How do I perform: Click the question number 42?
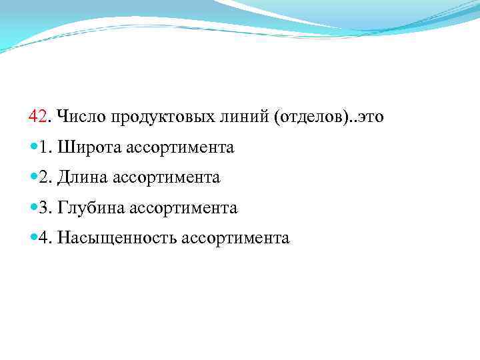coord(38,117)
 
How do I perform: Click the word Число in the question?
coord(76,117)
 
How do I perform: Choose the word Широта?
coord(85,147)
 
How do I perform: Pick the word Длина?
coord(83,177)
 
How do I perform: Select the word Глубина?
coord(91,208)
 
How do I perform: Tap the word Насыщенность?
coord(117,238)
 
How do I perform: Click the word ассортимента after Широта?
coord(177,147)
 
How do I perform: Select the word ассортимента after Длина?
coord(166,177)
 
